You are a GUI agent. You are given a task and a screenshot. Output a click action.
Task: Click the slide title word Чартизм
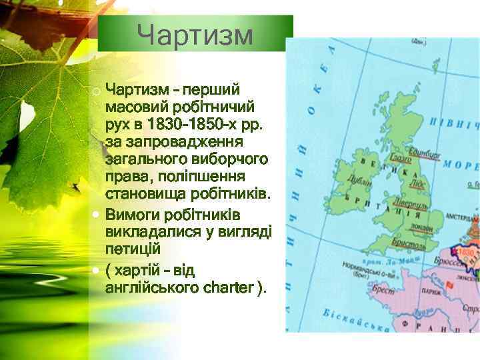(x=195, y=35)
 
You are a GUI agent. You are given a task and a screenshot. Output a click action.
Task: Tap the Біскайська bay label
(x=353, y=319)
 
